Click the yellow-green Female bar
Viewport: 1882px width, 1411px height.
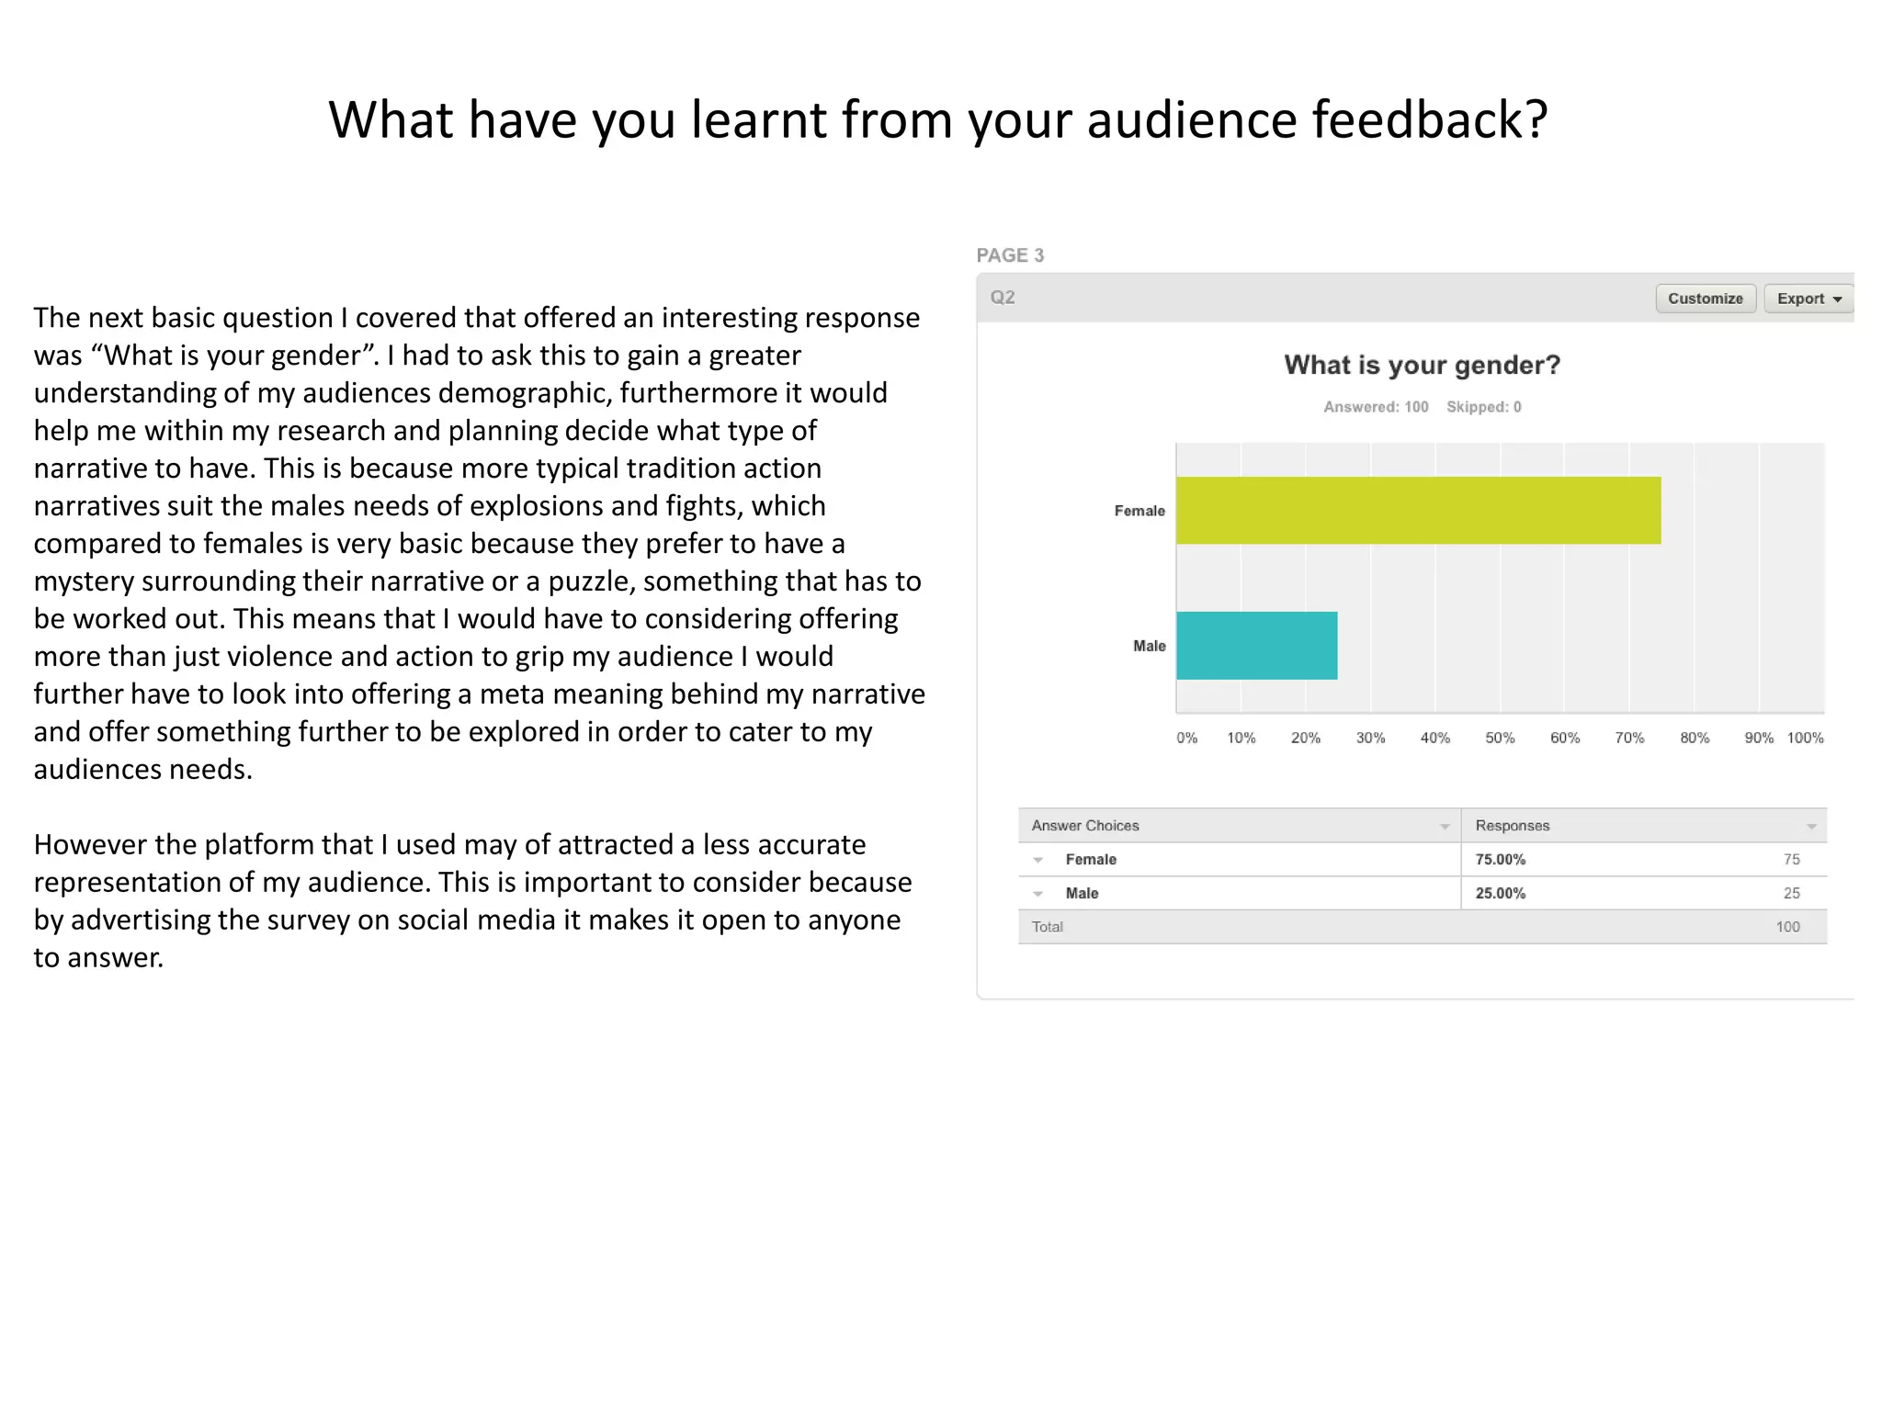click(x=1418, y=510)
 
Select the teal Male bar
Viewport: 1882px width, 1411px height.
click(x=1256, y=645)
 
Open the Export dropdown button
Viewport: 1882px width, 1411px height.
click(x=1808, y=299)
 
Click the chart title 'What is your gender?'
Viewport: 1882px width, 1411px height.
click(x=1422, y=365)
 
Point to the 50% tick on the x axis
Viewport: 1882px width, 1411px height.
click(x=1500, y=738)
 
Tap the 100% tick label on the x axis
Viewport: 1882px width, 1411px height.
click(x=1805, y=738)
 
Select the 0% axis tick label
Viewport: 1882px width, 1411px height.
click(x=1186, y=738)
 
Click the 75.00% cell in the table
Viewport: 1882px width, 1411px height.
click(x=1500, y=859)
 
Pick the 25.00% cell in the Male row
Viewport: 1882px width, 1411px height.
click(x=1500, y=893)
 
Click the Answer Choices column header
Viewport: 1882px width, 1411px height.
click(x=1085, y=826)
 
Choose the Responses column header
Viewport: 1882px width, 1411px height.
click(x=1513, y=826)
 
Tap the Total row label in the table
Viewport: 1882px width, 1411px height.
click(x=1047, y=927)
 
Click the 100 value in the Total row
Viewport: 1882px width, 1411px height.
click(x=1787, y=927)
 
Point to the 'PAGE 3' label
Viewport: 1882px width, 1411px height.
click(x=1010, y=255)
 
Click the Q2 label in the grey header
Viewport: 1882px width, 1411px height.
click(x=1003, y=298)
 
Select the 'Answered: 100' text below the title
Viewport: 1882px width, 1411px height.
click(x=1376, y=407)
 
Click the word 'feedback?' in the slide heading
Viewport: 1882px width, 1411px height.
click(x=1429, y=120)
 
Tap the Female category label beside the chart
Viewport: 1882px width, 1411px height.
click(x=1139, y=511)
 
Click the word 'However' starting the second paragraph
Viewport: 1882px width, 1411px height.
click(x=90, y=844)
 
